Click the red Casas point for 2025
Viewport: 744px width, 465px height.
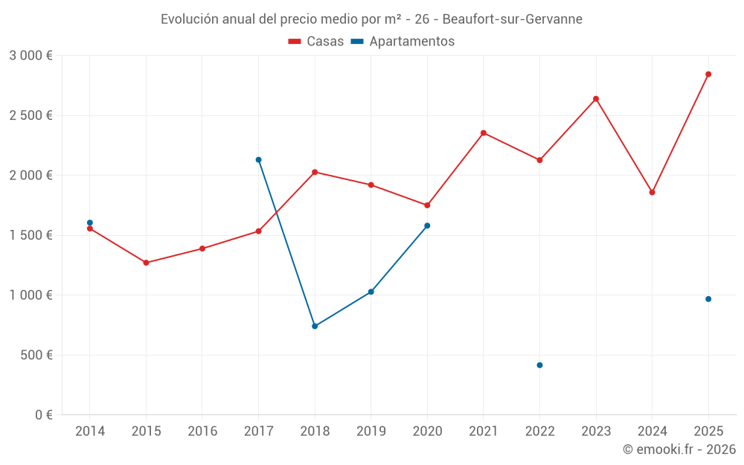coord(708,74)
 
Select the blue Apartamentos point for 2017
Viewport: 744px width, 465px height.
coord(258,160)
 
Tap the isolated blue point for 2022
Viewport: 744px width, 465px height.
coord(539,365)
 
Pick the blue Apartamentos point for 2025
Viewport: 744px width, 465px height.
coord(708,299)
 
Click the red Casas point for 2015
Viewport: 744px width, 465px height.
coord(146,263)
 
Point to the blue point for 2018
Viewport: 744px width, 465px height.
coord(315,326)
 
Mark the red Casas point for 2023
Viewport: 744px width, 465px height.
coord(596,99)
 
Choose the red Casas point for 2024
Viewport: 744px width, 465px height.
coord(652,193)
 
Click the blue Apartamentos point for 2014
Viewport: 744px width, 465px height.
coord(90,222)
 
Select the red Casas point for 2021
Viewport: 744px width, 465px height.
coord(484,133)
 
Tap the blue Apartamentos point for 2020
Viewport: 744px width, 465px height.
coord(427,225)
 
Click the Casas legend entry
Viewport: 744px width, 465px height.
coord(316,42)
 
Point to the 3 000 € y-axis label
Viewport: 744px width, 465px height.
coord(31,56)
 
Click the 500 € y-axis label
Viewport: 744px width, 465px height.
coord(36,355)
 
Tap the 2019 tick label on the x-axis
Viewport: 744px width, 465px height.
coord(371,431)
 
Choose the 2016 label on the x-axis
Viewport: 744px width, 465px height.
coord(202,431)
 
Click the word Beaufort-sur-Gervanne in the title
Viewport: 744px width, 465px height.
coord(513,19)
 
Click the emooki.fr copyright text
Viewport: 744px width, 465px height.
coord(679,449)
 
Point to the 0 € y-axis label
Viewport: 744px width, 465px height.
coord(43,415)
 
